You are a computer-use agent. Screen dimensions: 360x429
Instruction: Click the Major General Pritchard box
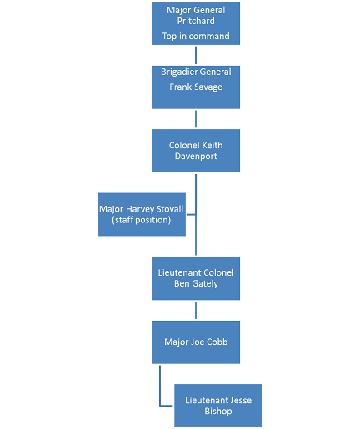(x=196, y=23)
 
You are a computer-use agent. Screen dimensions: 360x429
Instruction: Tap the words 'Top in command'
(x=196, y=36)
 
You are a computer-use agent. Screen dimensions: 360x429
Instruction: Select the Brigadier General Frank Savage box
(x=196, y=87)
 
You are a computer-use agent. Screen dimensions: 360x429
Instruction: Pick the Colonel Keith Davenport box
(x=196, y=151)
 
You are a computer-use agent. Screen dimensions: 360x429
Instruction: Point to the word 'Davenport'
(x=196, y=156)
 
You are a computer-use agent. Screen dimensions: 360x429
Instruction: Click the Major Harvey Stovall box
(x=142, y=214)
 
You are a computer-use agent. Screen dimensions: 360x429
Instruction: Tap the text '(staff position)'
(x=142, y=220)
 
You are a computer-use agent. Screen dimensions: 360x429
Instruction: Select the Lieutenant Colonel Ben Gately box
(x=196, y=278)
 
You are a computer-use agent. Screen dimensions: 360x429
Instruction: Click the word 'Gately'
(x=205, y=283)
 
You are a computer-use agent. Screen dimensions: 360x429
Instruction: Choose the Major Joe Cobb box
(x=196, y=342)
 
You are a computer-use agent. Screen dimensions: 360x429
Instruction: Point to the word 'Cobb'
(x=217, y=342)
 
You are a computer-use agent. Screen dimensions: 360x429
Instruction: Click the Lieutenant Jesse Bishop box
(x=218, y=406)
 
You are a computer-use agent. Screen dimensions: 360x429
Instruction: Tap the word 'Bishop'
(x=218, y=411)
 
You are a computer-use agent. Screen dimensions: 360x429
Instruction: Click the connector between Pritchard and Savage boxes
(x=196, y=55)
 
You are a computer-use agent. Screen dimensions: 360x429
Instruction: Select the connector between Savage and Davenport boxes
(x=196, y=119)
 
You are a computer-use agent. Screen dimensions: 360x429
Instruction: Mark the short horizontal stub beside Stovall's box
(x=191, y=214)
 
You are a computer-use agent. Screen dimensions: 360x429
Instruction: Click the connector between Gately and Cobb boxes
(x=196, y=310)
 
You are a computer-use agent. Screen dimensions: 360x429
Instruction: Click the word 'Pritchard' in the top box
(x=196, y=21)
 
